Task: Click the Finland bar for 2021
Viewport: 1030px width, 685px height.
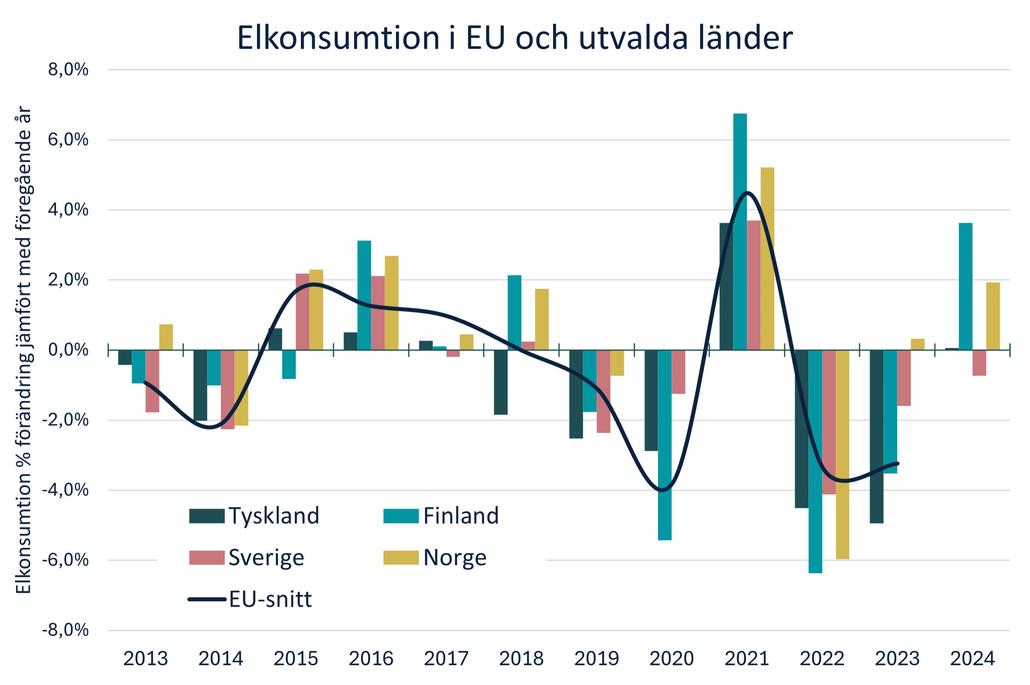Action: (739, 231)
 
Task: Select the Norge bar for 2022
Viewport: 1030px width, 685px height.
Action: (841, 454)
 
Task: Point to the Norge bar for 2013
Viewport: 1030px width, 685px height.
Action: (166, 337)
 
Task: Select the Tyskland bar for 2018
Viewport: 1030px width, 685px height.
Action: (501, 382)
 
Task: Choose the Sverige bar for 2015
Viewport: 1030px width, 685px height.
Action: (302, 312)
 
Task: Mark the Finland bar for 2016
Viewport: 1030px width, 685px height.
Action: (364, 295)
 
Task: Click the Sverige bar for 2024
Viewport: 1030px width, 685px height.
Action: (979, 363)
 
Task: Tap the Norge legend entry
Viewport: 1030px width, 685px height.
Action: (435, 557)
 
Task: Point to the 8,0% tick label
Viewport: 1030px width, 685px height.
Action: (68, 70)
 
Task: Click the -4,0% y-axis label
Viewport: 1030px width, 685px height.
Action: (65, 490)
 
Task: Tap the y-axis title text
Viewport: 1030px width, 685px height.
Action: (24, 349)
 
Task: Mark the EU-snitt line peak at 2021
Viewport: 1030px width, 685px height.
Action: (747, 193)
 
